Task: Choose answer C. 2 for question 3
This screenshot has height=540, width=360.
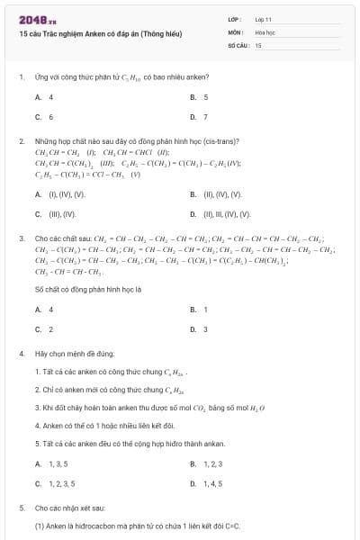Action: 44,329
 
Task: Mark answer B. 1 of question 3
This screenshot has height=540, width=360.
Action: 199,309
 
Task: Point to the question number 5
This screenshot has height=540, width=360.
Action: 21,508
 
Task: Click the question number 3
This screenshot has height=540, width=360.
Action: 21,238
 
